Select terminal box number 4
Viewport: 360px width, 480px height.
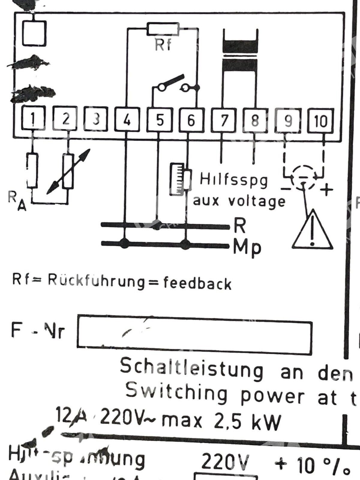click(127, 120)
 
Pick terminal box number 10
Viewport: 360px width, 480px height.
click(321, 121)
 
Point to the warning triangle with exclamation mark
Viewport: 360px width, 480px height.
click(312, 230)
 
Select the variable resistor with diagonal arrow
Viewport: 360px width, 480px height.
click(68, 172)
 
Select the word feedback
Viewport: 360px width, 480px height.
click(197, 283)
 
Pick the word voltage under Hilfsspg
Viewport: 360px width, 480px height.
click(257, 201)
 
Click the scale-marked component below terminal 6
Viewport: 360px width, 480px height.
click(177, 179)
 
